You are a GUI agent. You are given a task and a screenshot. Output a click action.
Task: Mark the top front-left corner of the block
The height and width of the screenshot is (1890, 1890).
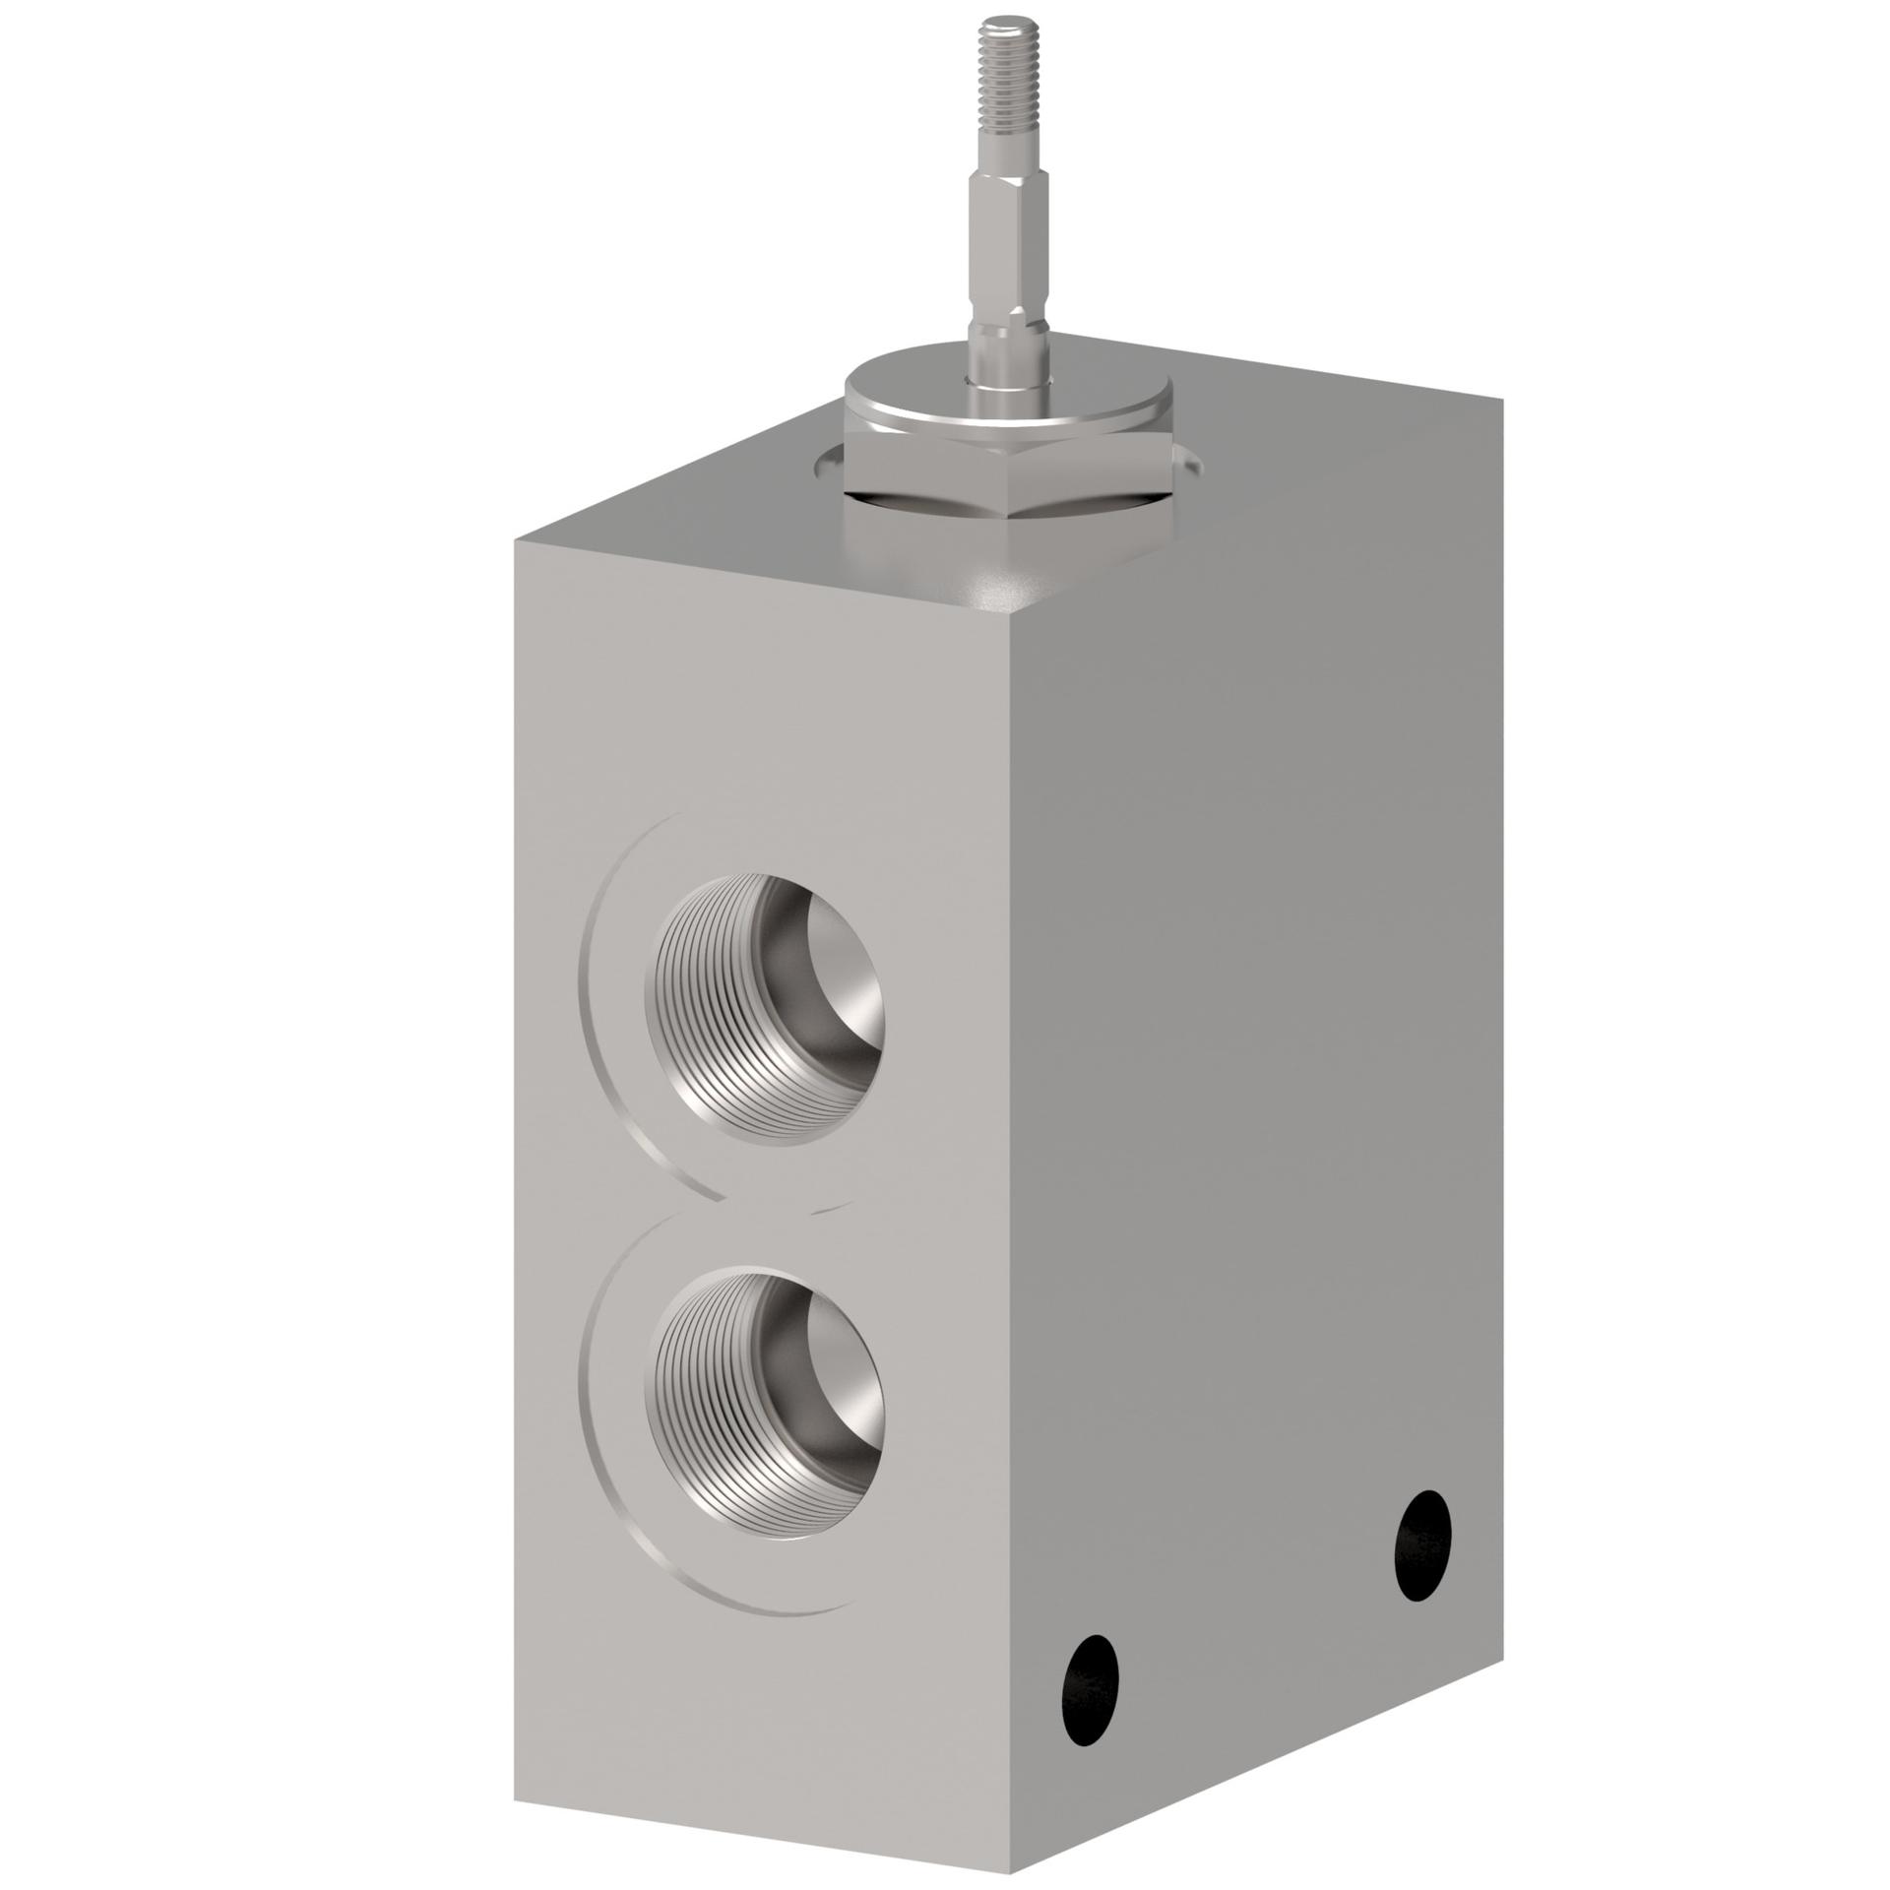click(x=515, y=539)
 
